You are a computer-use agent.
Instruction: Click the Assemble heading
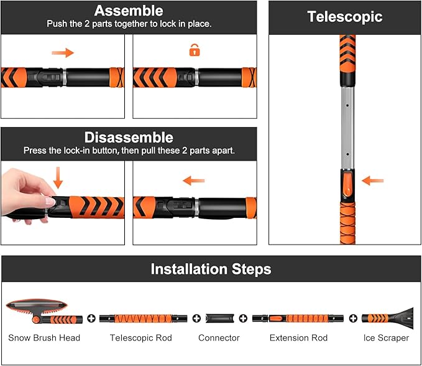pos(128,11)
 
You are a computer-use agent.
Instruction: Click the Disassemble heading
pos(128,137)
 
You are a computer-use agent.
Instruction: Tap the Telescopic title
pos(344,17)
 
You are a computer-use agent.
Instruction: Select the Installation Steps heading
pos(211,269)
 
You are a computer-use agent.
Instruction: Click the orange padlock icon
pos(195,51)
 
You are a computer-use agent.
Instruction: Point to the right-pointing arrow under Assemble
pos(63,53)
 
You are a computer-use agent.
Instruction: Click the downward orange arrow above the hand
pos(58,177)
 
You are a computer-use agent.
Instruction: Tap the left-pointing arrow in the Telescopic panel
pos(372,181)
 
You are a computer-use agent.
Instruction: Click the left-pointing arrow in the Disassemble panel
pos(194,181)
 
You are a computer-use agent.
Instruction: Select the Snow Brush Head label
pos(44,338)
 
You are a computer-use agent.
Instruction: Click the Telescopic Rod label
pos(140,338)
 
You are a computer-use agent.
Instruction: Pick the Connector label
pos(219,338)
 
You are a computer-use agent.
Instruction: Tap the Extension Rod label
pos(298,338)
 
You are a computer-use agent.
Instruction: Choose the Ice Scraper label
pos(386,338)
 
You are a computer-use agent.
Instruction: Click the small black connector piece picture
pos(219,319)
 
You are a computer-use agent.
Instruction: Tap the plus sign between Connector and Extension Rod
pos(244,319)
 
